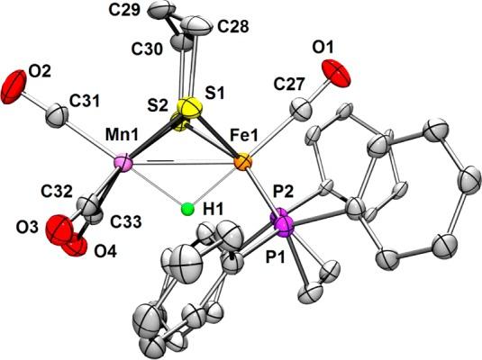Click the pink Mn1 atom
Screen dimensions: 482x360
(x=123, y=164)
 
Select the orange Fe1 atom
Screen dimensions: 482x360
(x=243, y=162)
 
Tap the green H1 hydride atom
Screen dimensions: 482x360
(x=187, y=210)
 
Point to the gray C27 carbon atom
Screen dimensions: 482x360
(x=300, y=109)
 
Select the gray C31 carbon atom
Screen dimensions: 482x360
(x=56, y=116)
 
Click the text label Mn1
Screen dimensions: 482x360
(x=122, y=136)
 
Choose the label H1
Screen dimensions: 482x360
(x=213, y=210)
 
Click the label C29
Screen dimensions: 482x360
(x=124, y=11)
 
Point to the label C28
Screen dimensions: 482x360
(x=232, y=27)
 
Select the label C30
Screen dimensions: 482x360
(x=146, y=49)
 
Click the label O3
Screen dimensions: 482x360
(x=28, y=228)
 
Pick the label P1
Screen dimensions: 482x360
(x=275, y=256)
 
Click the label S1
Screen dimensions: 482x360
(x=214, y=93)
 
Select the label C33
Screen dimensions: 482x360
(x=127, y=220)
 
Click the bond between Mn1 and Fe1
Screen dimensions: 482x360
(x=183, y=163)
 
